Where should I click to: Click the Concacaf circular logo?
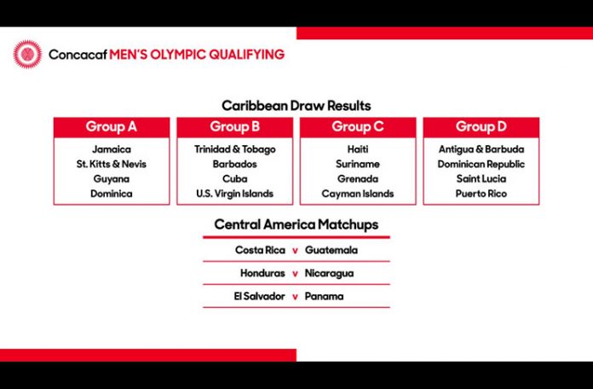[x=27, y=55]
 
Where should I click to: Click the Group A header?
[x=111, y=127]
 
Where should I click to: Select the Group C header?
[x=358, y=127]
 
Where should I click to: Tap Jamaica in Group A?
[x=112, y=149]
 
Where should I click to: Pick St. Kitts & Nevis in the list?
[x=112, y=164]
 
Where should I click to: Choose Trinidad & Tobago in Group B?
[x=235, y=149]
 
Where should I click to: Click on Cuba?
[x=235, y=179]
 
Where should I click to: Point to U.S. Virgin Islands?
[x=235, y=194]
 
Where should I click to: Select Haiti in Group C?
[x=358, y=149]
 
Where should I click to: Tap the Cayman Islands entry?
[x=358, y=194]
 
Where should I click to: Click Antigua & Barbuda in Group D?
[x=481, y=149]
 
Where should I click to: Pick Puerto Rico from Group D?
[x=481, y=194]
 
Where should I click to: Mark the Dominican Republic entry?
[x=481, y=164]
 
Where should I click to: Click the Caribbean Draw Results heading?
[x=296, y=106]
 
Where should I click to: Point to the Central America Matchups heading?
[x=296, y=224]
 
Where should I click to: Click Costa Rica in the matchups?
[x=260, y=250]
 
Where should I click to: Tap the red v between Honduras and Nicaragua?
[x=295, y=274]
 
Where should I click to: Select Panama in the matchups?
[x=324, y=296]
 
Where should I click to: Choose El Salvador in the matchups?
[x=259, y=296]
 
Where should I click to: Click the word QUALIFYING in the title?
[x=246, y=55]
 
